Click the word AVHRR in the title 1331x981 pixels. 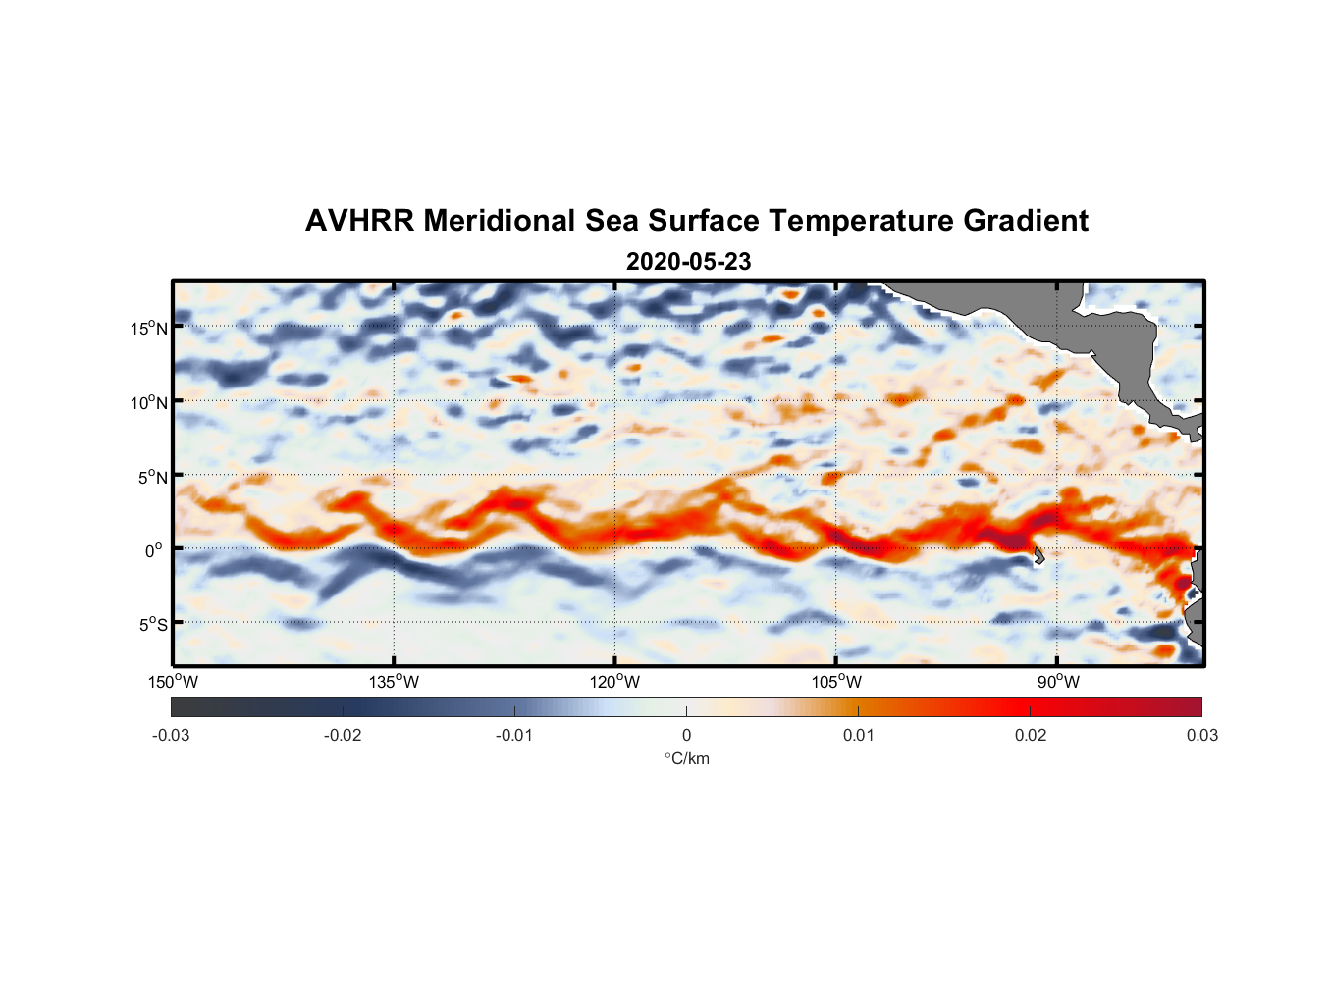[x=359, y=221]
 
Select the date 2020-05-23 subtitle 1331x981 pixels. [x=688, y=262]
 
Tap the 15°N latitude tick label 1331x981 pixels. [x=148, y=328]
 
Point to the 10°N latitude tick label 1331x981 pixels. [x=148, y=402]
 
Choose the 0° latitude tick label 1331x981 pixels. [x=154, y=550]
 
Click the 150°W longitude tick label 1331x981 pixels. [x=173, y=682]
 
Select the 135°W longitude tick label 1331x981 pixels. [x=394, y=682]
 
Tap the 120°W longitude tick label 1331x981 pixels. [x=614, y=682]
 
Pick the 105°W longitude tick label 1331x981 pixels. [x=836, y=682]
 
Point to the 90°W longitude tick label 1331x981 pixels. [x=1057, y=682]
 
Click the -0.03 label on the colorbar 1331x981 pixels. [x=171, y=735]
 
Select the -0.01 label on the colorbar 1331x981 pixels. [x=514, y=735]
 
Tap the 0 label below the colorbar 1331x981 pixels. [x=686, y=735]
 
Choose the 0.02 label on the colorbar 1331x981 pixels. [x=1031, y=735]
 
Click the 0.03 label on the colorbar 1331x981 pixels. [x=1201, y=735]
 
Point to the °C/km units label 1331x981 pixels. [x=687, y=758]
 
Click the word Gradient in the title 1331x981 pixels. [x=1025, y=221]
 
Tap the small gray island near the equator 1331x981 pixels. [x=1038, y=555]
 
